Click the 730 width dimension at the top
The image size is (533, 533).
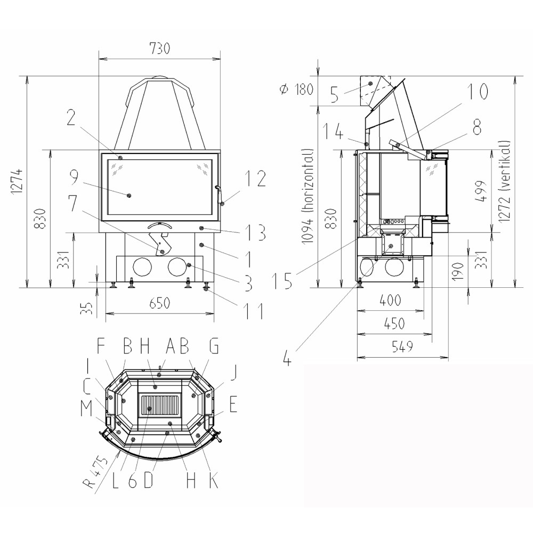(x=159, y=49)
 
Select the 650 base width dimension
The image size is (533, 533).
(x=159, y=303)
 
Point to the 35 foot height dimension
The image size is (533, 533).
(x=88, y=308)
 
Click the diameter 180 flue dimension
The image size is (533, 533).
(x=296, y=89)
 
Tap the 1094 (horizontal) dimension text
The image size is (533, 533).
(x=308, y=196)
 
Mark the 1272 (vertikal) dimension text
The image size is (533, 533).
(x=505, y=182)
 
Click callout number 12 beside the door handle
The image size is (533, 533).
(x=256, y=179)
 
